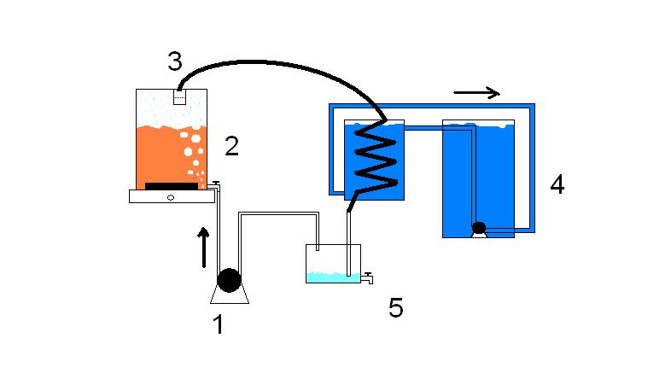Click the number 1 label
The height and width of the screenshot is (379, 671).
point(219,324)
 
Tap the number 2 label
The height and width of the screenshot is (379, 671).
point(231,146)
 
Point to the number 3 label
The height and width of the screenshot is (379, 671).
point(175,61)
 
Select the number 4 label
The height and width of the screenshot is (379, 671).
point(557,184)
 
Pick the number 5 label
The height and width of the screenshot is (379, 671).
point(395,307)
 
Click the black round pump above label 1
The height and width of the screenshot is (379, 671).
point(229,279)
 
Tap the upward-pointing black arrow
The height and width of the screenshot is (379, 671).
point(203,246)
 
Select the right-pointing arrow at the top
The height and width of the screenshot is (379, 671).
point(476,92)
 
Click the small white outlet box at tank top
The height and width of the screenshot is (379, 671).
point(179,96)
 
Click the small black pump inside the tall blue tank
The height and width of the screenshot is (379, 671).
point(479,227)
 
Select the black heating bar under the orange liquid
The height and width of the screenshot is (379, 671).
point(171,185)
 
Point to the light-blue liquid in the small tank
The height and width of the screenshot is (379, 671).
point(332,277)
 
